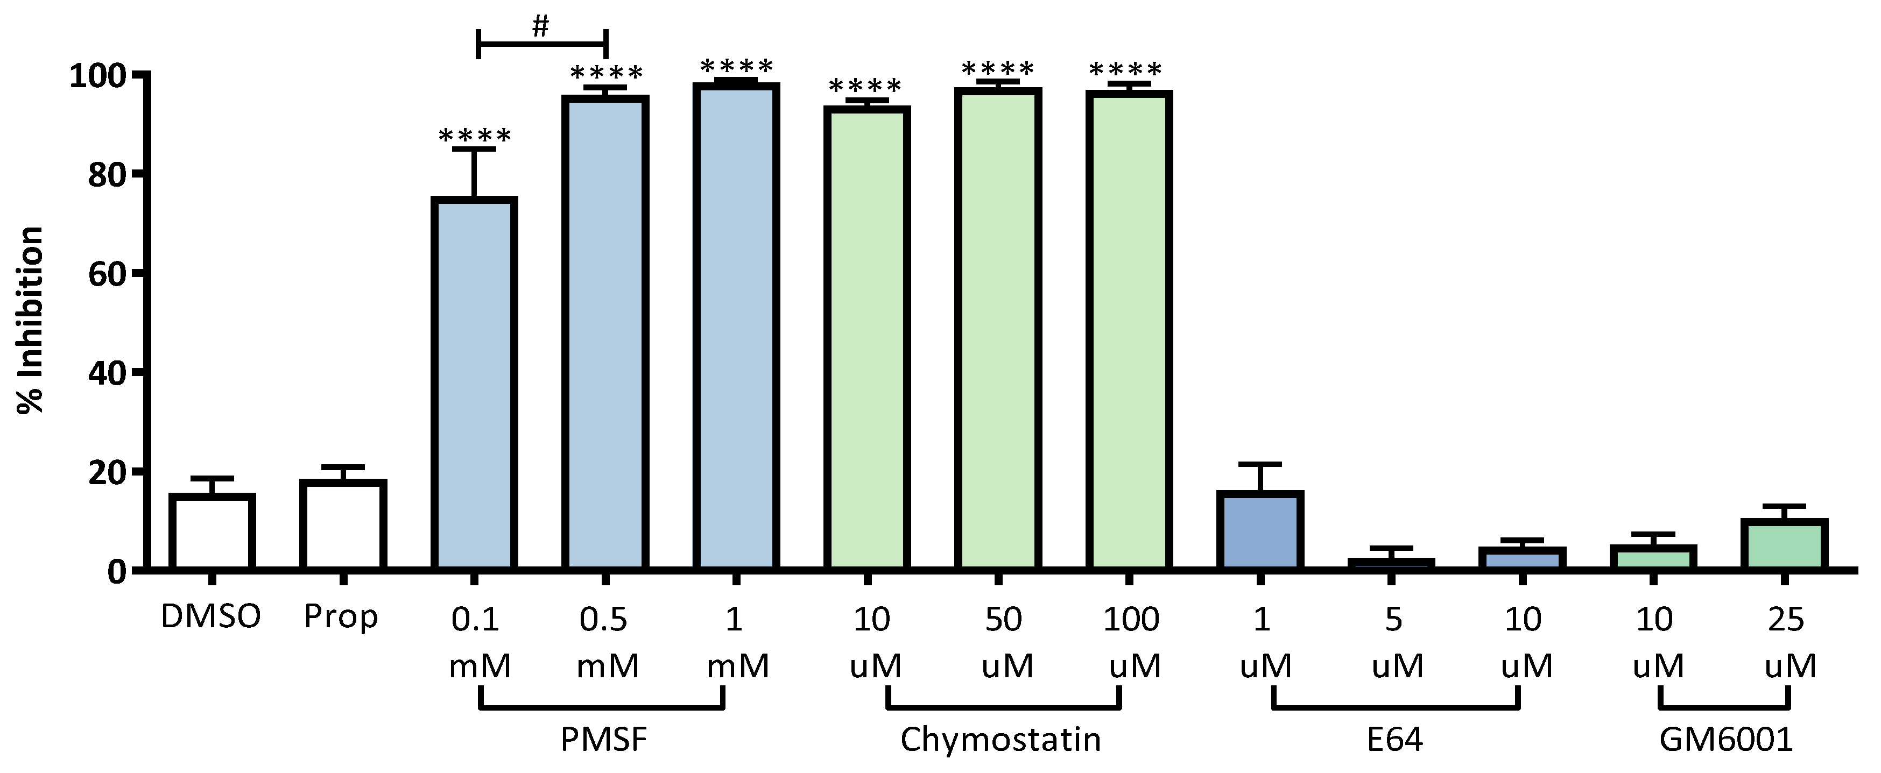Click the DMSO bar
point(212,531)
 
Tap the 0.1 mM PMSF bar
point(474,383)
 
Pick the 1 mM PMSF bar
point(736,327)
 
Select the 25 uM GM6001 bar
point(1784,544)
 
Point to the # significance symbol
point(540,26)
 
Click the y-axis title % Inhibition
point(31,320)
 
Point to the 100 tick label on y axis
point(98,76)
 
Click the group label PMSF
point(604,740)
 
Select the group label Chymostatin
point(1001,740)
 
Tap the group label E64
point(1394,740)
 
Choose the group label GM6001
point(1726,740)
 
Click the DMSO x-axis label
point(211,618)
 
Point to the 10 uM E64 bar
point(1523,558)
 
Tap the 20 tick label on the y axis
point(107,472)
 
